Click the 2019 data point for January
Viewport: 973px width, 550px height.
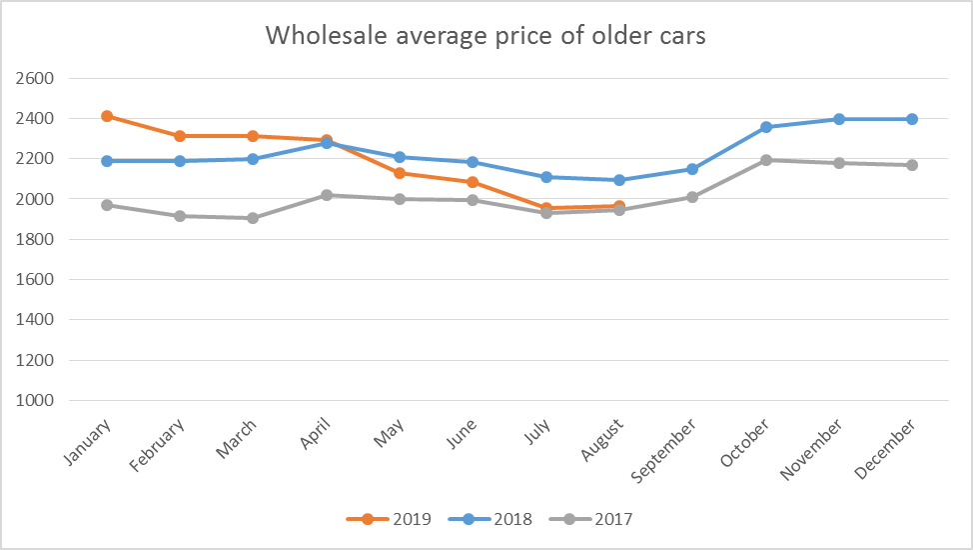(107, 116)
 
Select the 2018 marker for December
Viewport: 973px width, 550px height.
(912, 119)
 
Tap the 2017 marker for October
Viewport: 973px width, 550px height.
(765, 160)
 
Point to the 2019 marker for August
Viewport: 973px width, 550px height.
(619, 206)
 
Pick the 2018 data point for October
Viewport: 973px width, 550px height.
(765, 127)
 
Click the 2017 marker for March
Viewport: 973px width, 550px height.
(253, 218)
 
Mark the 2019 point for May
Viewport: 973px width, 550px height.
(400, 173)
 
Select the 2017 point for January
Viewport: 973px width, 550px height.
(107, 205)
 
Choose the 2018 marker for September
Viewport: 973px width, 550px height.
(692, 169)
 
